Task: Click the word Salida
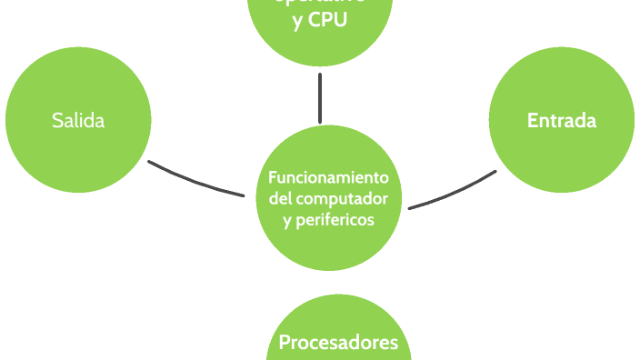click(78, 120)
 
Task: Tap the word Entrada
click(562, 120)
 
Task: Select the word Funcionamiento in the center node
click(329, 176)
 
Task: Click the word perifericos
click(336, 220)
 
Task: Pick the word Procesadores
click(338, 343)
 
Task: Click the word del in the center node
click(282, 198)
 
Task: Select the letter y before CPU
click(298, 22)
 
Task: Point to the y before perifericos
click(287, 221)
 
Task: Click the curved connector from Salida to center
click(195, 180)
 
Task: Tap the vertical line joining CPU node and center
click(320, 98)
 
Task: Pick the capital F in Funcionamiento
click(273, 176)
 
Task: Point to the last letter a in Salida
click(99, 121)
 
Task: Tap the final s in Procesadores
click(394, 344)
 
